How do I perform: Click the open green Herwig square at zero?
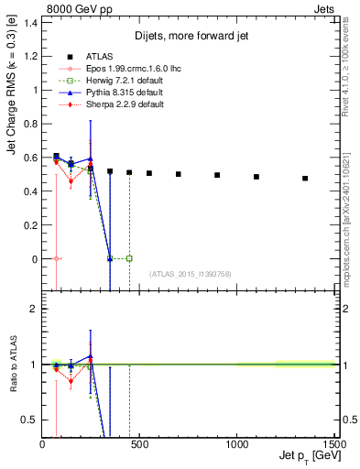coord(129,258)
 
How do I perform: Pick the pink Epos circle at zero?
coord(57,258)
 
